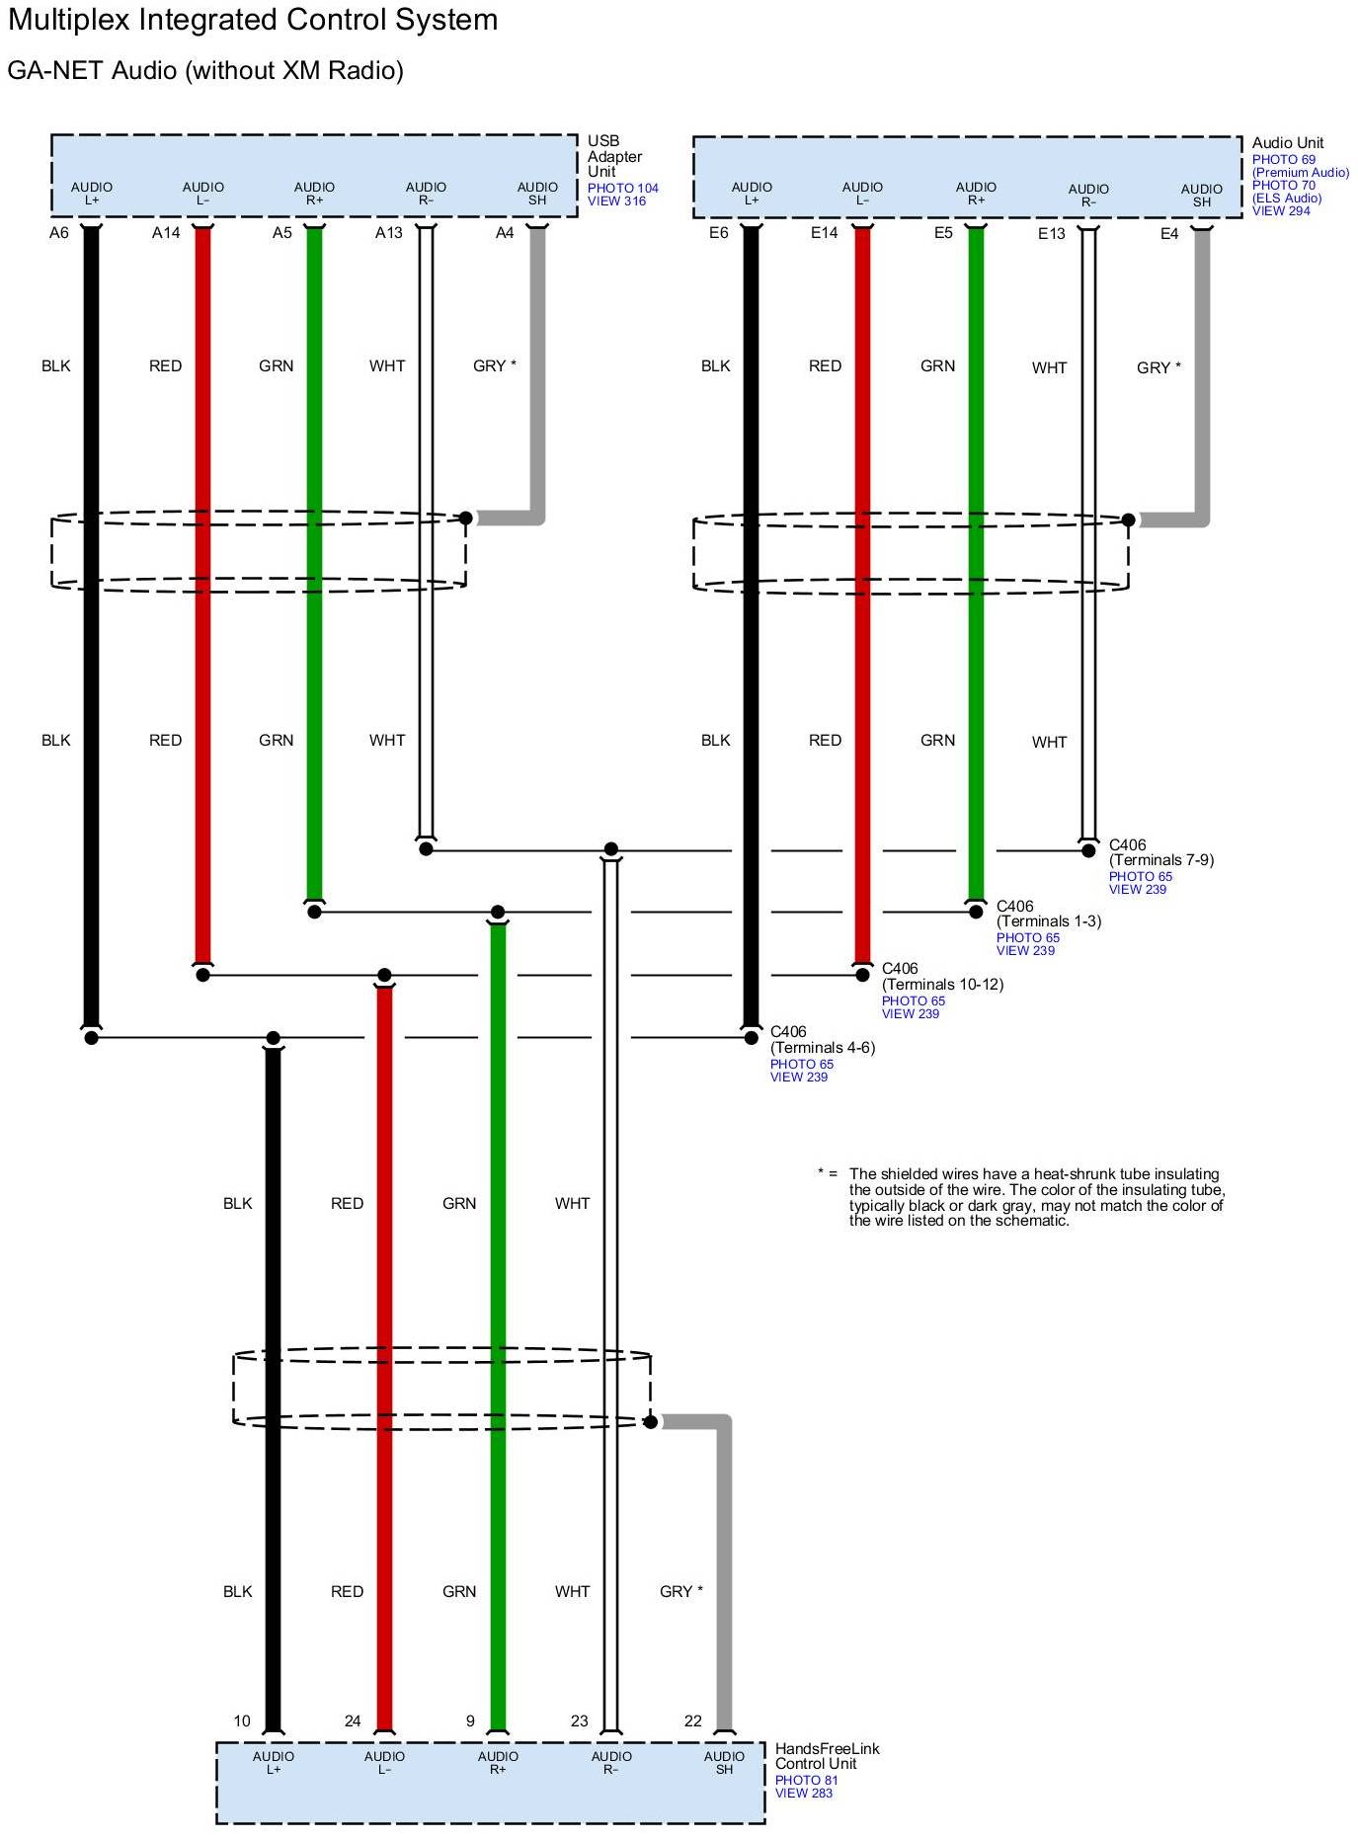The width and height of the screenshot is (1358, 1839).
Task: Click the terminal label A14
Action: tap(166, 233)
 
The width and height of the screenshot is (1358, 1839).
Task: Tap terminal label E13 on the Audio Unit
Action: tap(1051, 234)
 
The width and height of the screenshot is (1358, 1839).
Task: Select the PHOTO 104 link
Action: tap(622, 188)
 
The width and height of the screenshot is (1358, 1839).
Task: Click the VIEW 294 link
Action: tap(1281, 210)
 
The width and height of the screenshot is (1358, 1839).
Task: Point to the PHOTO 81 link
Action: tap(806, 1780)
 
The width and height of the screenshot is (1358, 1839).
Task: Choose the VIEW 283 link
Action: tap(803, 1793)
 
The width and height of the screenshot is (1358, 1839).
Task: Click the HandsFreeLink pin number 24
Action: tap(353, 1720)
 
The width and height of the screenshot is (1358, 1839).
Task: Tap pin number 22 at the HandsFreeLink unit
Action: tap(693, 1720)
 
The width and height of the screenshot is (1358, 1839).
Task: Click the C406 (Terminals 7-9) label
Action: tap(1160, 852)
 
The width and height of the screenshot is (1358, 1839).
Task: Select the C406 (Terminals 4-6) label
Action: tap(822, 1039)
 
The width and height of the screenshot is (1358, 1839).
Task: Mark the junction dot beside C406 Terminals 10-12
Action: tap(862, 975)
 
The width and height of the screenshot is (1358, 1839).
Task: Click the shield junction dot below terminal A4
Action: tap(465, 518)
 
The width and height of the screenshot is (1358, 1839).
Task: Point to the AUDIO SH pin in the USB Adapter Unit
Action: tap(537, 194)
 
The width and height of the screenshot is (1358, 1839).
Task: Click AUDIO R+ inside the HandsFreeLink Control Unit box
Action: tap(498, 1762)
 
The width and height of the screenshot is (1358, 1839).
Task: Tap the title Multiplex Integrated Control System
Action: tap(253, 20)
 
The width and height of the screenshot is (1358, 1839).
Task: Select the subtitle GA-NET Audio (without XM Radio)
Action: tap(205, 71)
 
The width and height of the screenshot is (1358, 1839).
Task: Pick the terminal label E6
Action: tap(718, 233)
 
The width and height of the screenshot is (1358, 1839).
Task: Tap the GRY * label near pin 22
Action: tap(680, 1591)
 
